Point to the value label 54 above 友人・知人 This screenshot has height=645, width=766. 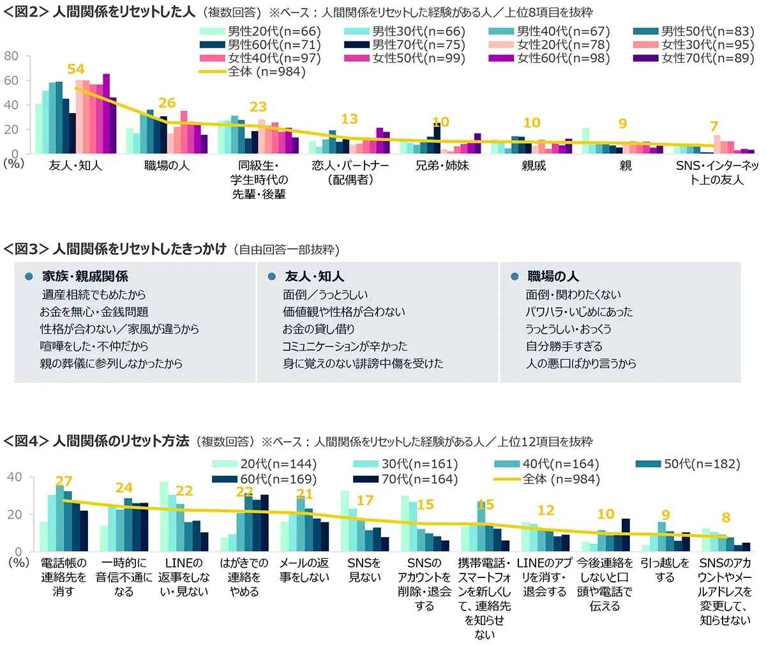click(76, 69)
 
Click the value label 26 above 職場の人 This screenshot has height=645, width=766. click(167, 103)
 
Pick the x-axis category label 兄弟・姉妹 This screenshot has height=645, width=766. click(442, 165)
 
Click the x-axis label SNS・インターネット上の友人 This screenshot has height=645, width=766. click(717, 172)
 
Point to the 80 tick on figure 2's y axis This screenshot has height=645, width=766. click(11, 56)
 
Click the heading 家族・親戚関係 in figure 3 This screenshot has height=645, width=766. click(85, 276)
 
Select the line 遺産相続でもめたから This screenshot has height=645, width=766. click(94, 294)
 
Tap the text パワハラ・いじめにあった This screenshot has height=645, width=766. click(579, 312)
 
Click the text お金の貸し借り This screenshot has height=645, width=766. click(319, 329)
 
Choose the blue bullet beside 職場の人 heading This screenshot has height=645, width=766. click(514, 277)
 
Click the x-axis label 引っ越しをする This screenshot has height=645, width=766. click(665, 570)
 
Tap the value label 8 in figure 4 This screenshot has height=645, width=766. click(726, 517)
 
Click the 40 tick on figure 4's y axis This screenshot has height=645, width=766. click(14, 477)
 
